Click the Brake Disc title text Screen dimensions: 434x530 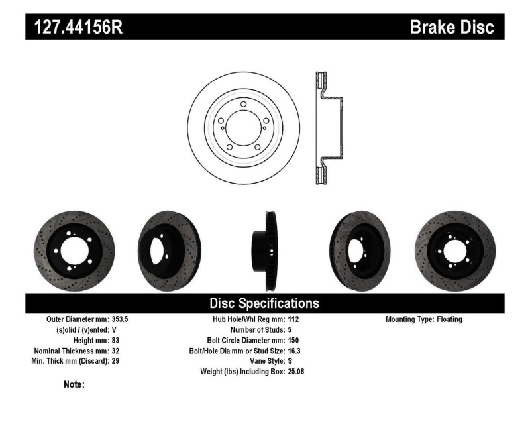click(x=452, y=27)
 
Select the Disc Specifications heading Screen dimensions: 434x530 click(x=264, y=303)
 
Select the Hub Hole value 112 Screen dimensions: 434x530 click(x=293, y=319)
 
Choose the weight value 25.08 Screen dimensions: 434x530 click(x=296, y=372)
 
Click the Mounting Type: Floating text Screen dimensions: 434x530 click(x=423, y=319)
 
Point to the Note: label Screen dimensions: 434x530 click(x=74, y=384)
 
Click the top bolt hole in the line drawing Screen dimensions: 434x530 click(x=244, y=105)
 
